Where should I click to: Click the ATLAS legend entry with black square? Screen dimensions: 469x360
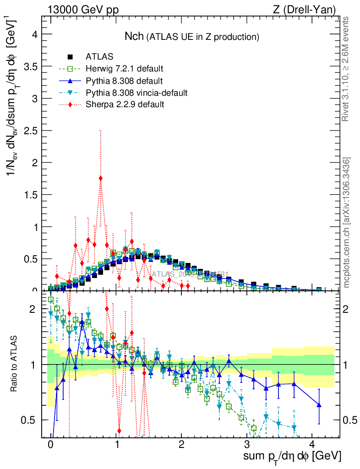pos(99,57)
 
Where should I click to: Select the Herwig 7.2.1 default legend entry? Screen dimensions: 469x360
pos(124,69)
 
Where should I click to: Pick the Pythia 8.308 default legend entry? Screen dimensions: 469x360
pos(124,81)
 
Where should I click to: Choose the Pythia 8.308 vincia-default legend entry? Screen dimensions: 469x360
pos(136,93)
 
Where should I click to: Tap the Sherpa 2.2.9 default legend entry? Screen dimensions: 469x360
pos(125,104)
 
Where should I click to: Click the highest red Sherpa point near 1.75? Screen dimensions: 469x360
pos(100,178)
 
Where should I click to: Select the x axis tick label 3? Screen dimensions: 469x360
pos(247,444)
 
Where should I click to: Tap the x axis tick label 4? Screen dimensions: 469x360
pos(312,444)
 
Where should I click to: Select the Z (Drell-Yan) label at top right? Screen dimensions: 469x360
pos(308,9)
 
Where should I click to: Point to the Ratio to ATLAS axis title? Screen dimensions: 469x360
pos(14,365)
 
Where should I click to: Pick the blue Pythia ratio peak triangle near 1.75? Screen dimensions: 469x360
pos(82,322)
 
